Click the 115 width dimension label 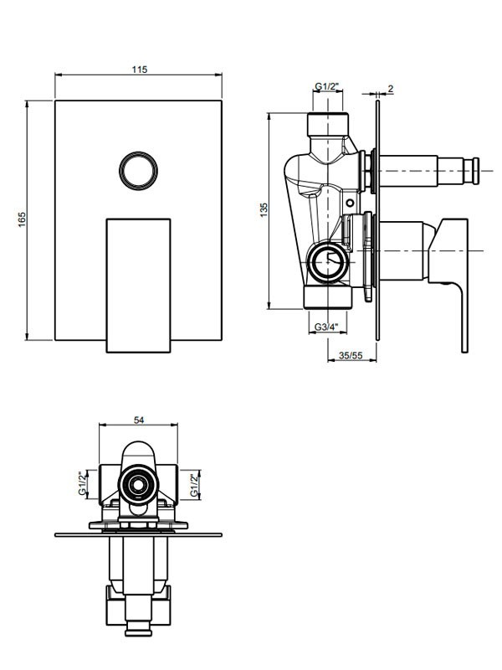139,70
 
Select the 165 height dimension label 23,219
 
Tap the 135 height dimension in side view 264,210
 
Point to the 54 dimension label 139,420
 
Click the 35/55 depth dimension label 351,355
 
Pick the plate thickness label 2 391,89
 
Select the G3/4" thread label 326,327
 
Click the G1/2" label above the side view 327,87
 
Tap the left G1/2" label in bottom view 83,484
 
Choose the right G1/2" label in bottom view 194,485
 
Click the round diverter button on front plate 138,170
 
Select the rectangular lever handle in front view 138,286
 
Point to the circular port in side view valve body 327,263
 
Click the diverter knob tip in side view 474,171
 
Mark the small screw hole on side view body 351,203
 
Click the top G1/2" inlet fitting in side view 328,124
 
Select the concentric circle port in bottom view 138,485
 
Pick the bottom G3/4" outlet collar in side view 328,297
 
